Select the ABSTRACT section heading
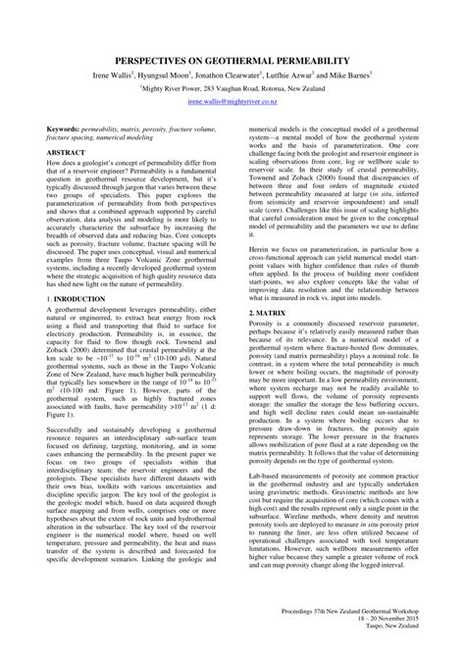[x=66, y=154]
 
